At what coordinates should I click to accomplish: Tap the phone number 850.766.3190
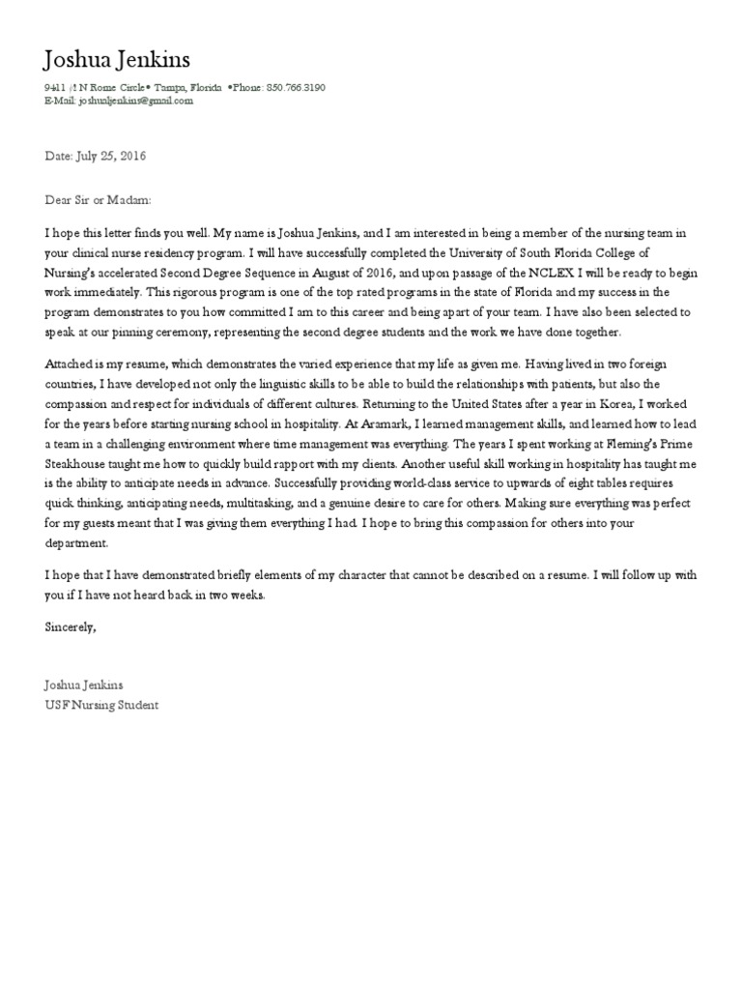coord(295,87)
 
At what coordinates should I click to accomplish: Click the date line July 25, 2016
coord(96,155)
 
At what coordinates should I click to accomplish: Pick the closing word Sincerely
coord(71,626)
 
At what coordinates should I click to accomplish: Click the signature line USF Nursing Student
coord(101,705)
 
